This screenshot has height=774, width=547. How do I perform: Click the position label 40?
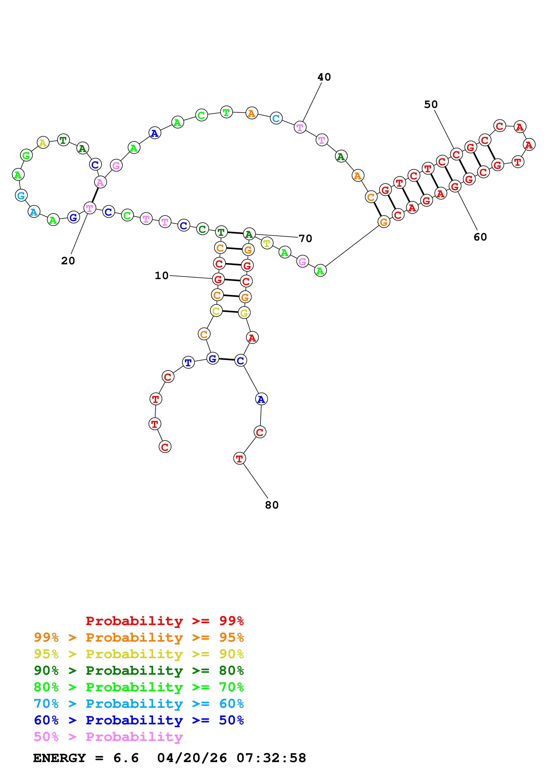(324, 77)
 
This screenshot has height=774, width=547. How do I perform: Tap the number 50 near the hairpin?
(430, 105)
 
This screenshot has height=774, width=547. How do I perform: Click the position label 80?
(272, 505)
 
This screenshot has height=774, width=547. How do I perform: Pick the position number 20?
(68, 261)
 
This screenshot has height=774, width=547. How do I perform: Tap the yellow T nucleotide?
(267, 243)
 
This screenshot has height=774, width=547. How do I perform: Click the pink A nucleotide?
(100, 182)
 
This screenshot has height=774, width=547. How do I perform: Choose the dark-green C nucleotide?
(202, 229)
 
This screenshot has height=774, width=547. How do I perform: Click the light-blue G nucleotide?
(21, 195)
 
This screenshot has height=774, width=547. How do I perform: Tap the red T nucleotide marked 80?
(239, 458)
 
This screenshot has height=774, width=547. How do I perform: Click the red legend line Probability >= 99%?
(164, 621)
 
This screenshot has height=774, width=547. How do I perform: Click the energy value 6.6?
(126, 758)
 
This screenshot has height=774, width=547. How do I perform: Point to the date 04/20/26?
(192, 758)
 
